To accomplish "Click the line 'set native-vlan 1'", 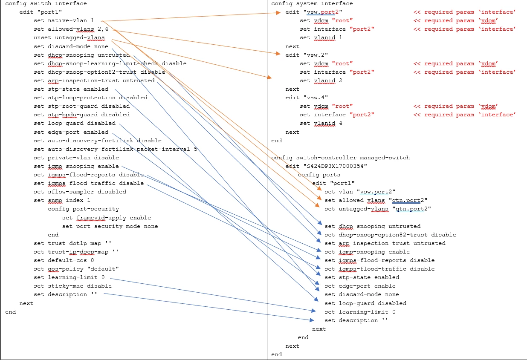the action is coord(64,20).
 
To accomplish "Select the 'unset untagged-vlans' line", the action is coord(69,37).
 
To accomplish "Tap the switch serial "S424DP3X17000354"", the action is coord(335,166).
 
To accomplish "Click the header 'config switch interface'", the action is coord(46,3).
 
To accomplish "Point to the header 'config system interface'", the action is coord(312,3).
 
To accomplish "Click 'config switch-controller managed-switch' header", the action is coord(340,158).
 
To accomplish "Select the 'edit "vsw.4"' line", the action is coord(307,98).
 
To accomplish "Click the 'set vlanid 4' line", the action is coord(321,123).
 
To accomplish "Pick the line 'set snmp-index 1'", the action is coord(62,200).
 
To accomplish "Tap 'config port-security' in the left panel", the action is coord(84,209).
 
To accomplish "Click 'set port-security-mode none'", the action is coord(110,226).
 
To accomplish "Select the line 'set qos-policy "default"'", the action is coord(76,269).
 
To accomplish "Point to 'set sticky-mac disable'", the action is coord(73,286).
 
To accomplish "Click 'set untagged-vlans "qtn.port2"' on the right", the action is coord(378,209).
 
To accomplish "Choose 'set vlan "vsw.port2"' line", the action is coord(360,192).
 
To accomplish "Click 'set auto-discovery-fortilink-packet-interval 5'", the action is coord(115,149).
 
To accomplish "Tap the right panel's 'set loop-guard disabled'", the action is coord(365,303).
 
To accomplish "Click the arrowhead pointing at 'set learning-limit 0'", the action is coord(314,311).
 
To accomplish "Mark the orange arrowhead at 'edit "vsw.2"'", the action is coord(278,54).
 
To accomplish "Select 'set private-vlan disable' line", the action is coord(76,158).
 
